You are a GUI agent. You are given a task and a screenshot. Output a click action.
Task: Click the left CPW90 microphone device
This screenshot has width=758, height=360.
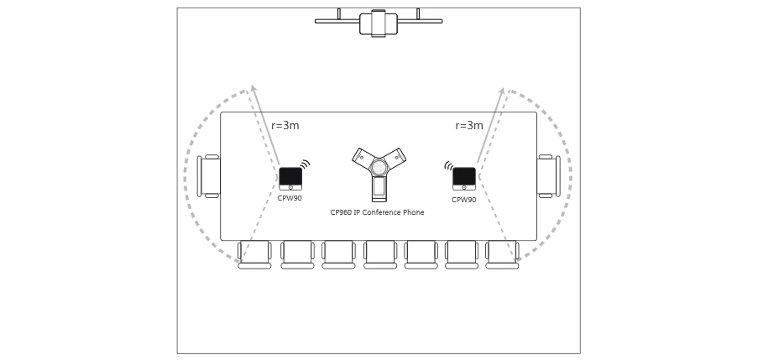(290, 178)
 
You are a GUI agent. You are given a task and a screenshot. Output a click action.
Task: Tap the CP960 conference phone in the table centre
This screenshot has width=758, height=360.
(379, 171)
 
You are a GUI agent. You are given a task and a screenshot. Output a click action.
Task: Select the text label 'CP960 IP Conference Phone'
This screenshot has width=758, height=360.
(377, 212)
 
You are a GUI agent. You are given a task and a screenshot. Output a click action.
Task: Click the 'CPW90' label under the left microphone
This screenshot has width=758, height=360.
(290, 198)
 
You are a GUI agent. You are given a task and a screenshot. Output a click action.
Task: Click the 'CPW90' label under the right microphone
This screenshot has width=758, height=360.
(463, 200)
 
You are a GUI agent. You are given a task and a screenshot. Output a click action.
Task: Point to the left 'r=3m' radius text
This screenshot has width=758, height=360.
(285, 126)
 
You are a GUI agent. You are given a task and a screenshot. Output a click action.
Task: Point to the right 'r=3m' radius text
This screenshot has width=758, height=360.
(469, 126)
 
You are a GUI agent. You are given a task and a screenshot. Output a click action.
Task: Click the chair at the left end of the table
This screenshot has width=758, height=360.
(209, 176)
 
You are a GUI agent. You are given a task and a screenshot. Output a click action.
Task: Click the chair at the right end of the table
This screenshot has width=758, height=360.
(548, 176)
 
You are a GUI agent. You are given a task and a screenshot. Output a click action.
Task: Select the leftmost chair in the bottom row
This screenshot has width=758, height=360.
(254, 254)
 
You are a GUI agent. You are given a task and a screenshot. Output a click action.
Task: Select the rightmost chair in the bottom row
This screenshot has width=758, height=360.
(502, 254)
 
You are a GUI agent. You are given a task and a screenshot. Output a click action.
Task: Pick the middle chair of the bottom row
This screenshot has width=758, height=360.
(379, 254)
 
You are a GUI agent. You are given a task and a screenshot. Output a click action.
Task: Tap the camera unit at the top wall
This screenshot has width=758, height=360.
(379, 23)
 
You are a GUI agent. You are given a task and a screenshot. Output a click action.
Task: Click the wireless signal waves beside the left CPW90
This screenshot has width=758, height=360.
(306, 164)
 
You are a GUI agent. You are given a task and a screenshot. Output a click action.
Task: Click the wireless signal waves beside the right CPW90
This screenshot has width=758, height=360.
(449, 165)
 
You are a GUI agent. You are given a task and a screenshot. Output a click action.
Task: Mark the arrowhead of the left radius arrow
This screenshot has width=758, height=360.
(253, 87)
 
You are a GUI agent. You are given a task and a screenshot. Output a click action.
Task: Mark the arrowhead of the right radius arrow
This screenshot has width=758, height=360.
(503, 90)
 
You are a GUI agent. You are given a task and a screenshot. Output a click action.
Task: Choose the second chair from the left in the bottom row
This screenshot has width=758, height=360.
(297, 254)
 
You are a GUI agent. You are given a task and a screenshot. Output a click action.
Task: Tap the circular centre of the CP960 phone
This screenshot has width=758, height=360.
(379, 167)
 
